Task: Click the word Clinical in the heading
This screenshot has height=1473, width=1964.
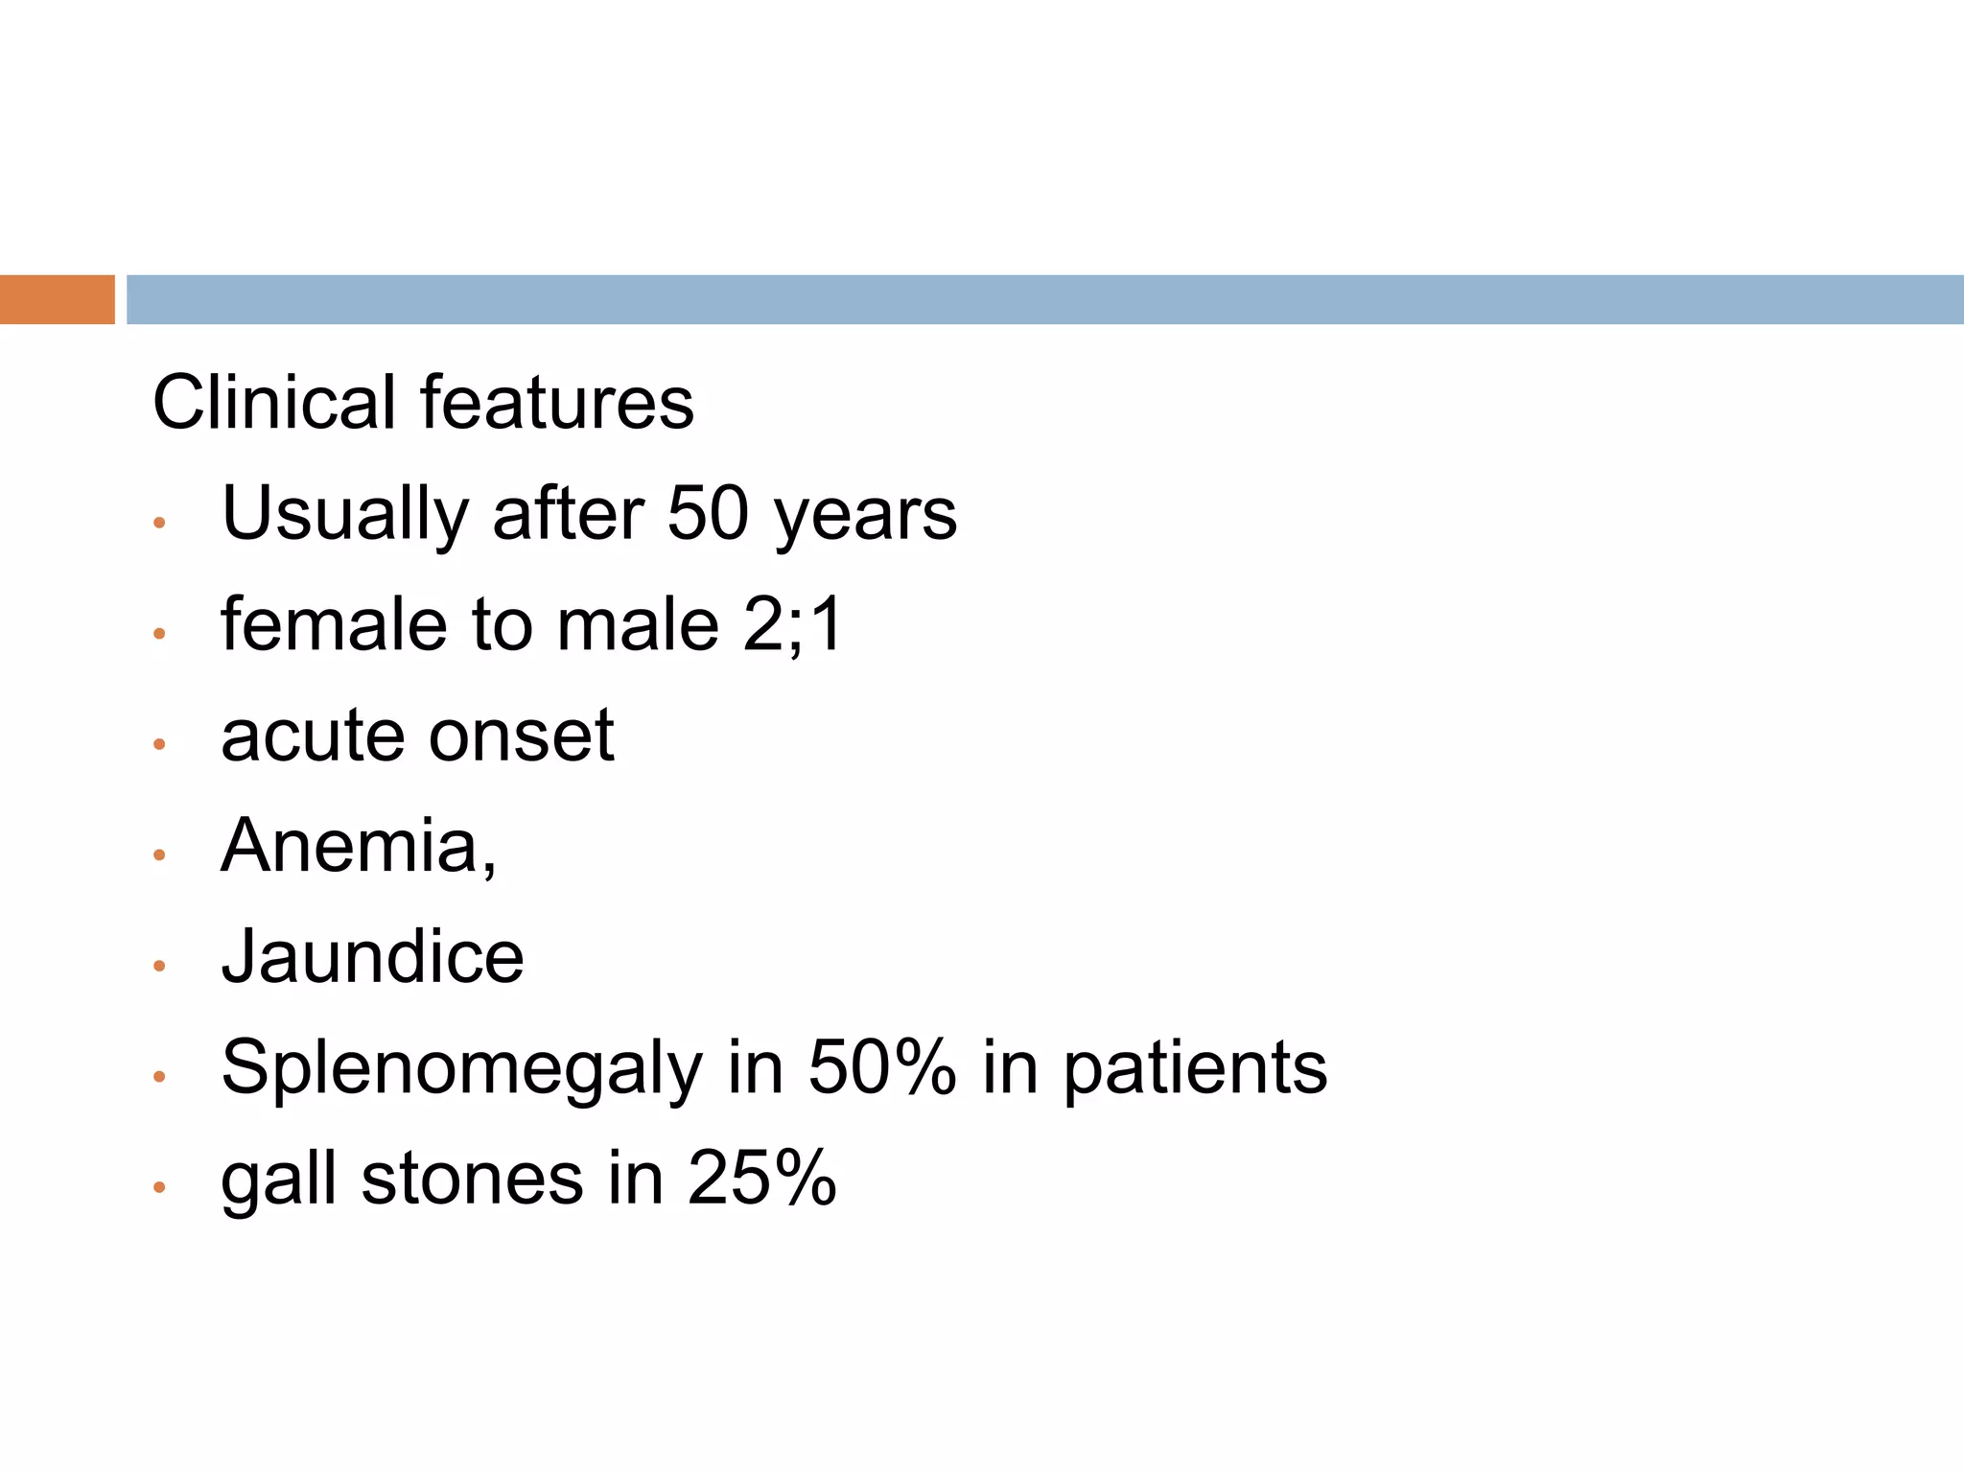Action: [273, 403]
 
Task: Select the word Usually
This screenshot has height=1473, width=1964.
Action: [344, 515]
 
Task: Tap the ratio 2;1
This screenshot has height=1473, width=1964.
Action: [792, 625]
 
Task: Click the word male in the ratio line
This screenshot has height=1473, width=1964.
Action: [637, 625]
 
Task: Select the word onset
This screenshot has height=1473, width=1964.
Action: [521, 736]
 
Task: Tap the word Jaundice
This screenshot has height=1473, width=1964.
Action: [372, 957]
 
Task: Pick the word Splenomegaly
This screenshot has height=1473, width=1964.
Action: [461, 1069]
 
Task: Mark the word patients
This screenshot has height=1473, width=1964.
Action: [1195, 1069]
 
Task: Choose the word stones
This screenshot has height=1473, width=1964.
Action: [472, 1179]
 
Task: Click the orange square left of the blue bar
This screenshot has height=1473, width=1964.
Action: [57, 299]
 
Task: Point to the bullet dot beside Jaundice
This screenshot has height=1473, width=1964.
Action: [160, 966]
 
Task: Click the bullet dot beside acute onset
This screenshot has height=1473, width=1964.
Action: [160, 744]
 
